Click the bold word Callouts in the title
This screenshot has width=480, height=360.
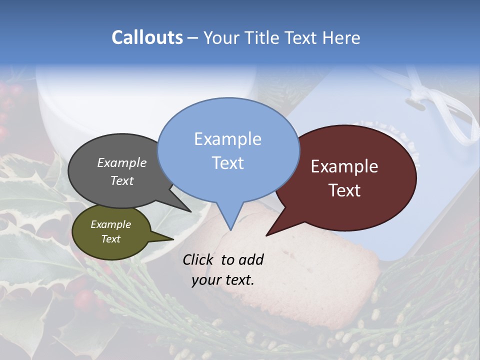click(x=147, y=37)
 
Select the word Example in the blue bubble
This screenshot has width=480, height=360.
click(x=227, y=139)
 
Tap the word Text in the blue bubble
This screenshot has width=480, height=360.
click(x=227, y=163)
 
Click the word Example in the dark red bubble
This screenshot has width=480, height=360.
click(x=344, y=166)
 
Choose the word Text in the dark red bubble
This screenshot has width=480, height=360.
click(x=344, y=190)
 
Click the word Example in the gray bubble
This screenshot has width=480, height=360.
click(x=121, y=162)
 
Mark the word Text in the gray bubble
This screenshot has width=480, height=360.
click(x=121, y=180)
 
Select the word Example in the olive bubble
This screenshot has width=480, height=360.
click(x=110, y=224)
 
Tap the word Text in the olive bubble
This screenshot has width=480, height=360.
click(x=110, y=239)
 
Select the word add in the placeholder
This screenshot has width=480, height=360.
click(x=251, y=259)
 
